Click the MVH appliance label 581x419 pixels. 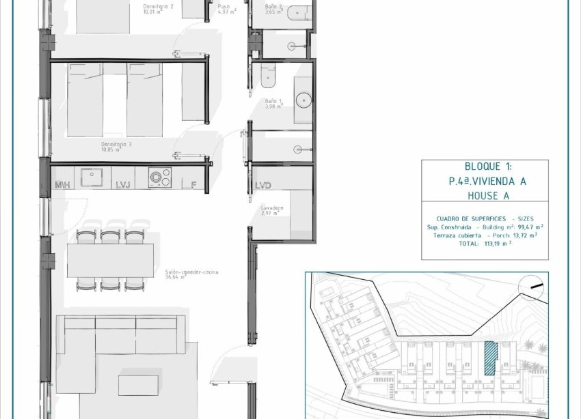coord(63,185)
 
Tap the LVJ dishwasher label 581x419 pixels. coord(123,185)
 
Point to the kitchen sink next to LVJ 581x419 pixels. coord(92,177)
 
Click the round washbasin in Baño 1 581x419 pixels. coord(304,100)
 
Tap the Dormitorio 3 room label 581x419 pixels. coord(116,145)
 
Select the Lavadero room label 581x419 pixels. coord(272,207)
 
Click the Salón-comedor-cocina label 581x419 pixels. coord(191,272)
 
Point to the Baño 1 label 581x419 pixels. coord(273,100)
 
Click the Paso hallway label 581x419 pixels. coord(224,6)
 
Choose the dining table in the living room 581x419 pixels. coord(110,261)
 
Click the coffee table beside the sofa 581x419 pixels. coord(138,385)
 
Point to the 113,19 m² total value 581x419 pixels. coord(498,243)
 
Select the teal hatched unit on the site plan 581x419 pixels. coord(489,358)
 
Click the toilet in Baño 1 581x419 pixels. coord(267,76)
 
